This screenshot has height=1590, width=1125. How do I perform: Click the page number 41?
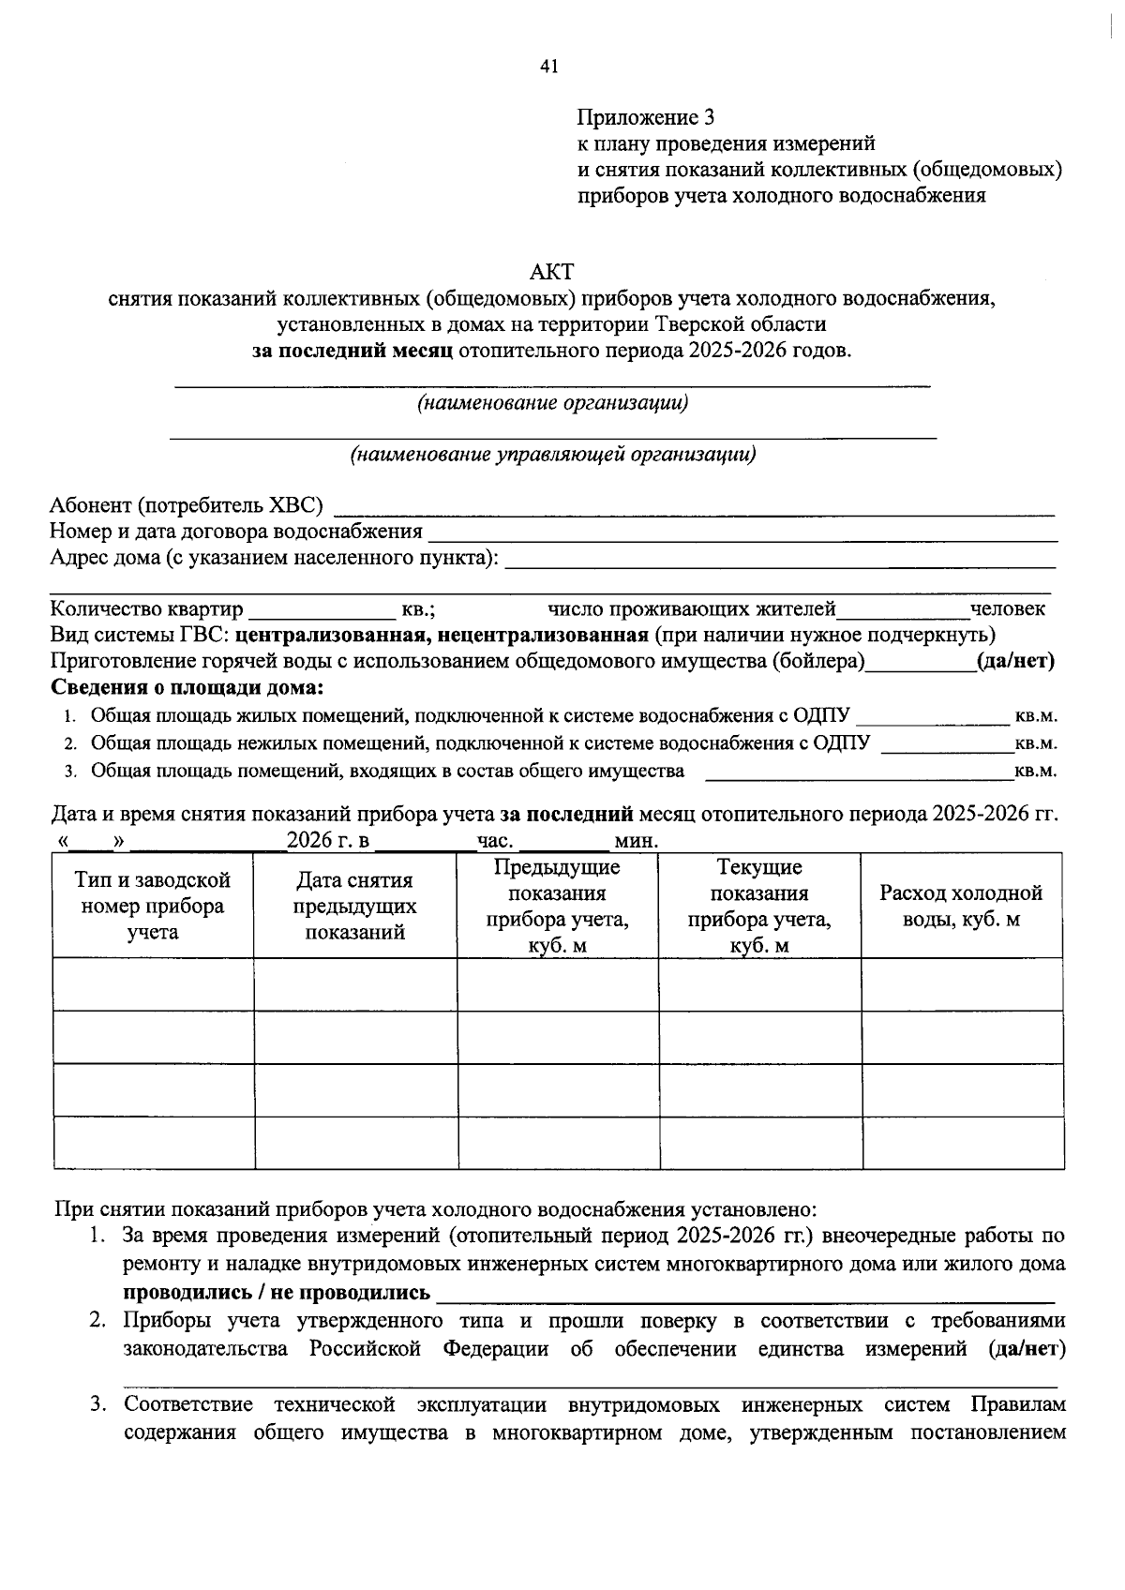[x=549, y=66]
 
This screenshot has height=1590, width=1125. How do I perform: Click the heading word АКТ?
[x=551, y=273]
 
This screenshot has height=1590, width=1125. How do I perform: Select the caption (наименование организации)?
[x=553, y=403]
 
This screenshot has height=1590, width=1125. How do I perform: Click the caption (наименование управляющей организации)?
[x=553, y=455]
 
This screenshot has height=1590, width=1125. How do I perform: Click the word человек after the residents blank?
[x=1008, y=609]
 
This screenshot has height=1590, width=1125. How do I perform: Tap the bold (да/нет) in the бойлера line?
[x=1016, y=661]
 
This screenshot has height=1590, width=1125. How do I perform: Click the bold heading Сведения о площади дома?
[x=187, y=687]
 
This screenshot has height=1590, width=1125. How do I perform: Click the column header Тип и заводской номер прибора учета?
[x=153, y=906]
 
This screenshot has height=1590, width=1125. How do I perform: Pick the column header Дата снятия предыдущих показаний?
[x=354, y=906]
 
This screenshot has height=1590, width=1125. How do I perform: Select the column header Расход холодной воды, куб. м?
[x=961, y=906]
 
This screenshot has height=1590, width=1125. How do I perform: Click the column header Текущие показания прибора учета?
[x=759, y=906]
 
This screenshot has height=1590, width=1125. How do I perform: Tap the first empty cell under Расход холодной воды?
[x=962, y=984]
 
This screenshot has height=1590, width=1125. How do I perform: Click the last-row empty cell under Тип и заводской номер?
[x=153, y=1143]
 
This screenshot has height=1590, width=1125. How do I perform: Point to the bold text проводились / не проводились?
[x=277, y=1293]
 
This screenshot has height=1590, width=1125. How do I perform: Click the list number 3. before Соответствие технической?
[x=98, y=1405]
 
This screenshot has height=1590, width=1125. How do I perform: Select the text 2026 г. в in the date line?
[x=328, y=840]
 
